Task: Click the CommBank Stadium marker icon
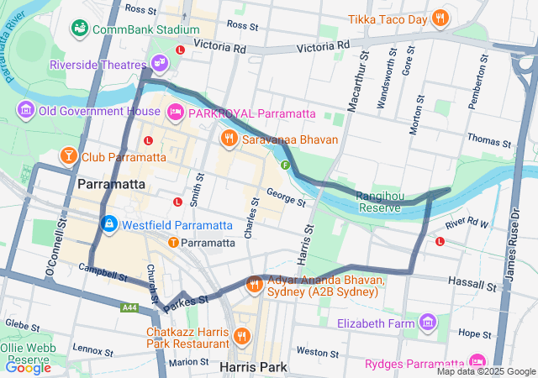80,29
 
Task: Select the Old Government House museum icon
26,110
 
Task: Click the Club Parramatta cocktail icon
67,156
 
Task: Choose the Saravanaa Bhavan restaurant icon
228,138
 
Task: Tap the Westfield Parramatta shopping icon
108,224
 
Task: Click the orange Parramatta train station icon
173,243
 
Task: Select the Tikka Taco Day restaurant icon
440,18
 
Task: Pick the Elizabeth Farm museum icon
429,323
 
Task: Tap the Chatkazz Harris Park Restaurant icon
242,337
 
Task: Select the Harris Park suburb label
252,367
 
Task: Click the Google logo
28,367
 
